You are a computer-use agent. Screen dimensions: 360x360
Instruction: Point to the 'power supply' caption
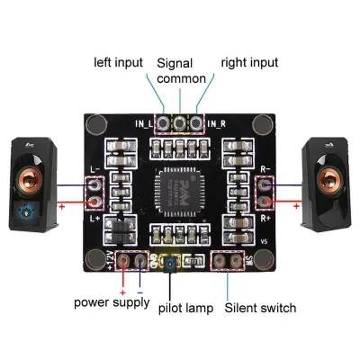pyautogui.click(x=112, y=301)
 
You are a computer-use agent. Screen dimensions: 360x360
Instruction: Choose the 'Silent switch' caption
pyautogui.click(x=259, y=308)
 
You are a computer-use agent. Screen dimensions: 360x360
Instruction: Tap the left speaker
pyautogui.click(x=32, y=190)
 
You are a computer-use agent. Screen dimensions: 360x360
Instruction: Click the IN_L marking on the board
pyautogui.click(x=145, y=123)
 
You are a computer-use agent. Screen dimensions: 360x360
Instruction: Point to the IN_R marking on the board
pyautogui.click(x=216, y=123)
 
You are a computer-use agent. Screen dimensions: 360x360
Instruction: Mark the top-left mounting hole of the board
pyautogui.click(x=96, y=123)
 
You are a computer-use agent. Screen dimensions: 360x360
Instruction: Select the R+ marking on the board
pyautogui.click(x=265, y=218)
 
